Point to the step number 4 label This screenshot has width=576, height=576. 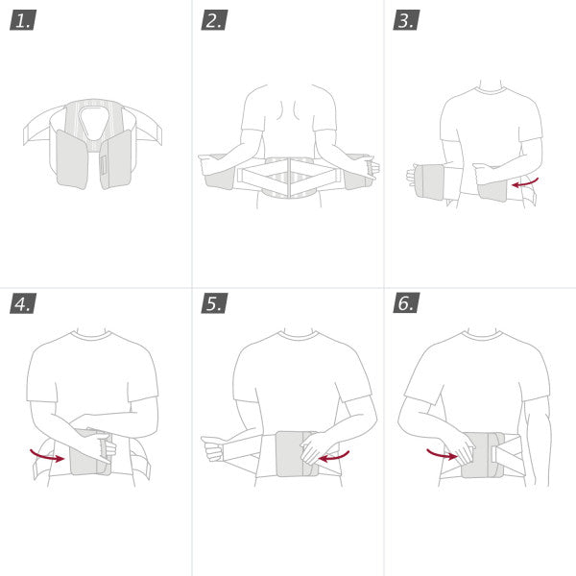tap(22, 304)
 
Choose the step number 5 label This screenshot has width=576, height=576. tap(214, 304)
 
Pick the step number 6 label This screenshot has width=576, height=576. tap(406, 304)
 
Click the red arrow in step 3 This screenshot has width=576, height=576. tap(527, 181)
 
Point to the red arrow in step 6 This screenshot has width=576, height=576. tap(441, 453)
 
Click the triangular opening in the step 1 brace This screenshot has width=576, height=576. tap(94, 120)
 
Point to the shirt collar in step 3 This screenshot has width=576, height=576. tap(492, 92)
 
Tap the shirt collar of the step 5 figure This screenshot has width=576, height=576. tap(300, 335)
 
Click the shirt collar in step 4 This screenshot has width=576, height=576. tap(92, 335)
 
